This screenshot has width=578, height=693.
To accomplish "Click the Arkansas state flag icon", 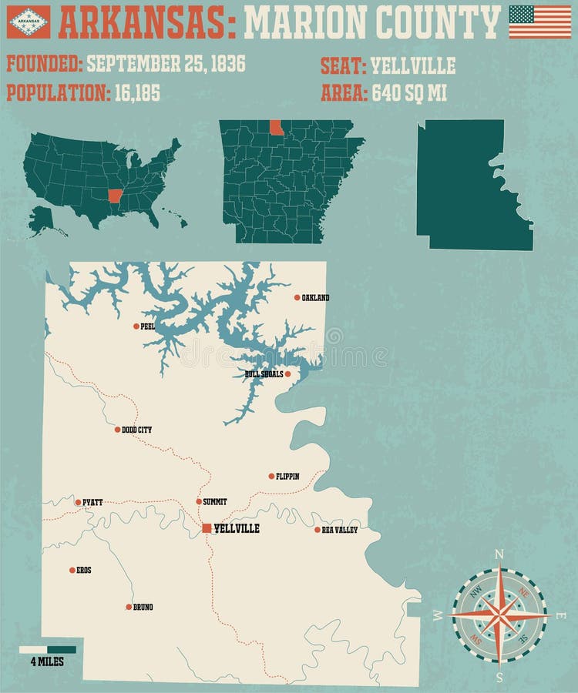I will pyautogui.click(x=28, y=22).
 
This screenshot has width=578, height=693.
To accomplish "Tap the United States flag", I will pyautogui.click(x=540, y=22).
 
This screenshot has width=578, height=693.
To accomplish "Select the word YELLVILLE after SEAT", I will pyautogui.click(x=413, y=65).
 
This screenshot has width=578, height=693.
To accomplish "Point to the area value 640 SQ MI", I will pyautogui.click(x=409, y=93).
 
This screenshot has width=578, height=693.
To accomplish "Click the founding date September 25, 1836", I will pyautogui.click(x=166, y=63).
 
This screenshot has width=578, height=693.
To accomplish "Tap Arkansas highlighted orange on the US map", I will pyautogui.click(x=116, y=196).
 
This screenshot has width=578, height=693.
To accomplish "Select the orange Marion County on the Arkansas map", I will pyautogui.click(x=277, y=127).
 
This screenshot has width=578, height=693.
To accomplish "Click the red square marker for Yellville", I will pyautogui.click(x=206, y=528).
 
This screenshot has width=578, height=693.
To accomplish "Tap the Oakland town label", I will pyautogui.click(x=315, y=297).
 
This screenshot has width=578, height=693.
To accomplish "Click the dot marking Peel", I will pyautogui.click(x=136, y=326).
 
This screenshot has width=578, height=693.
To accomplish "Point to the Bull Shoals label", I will pyautogui.click(x=264, y=374).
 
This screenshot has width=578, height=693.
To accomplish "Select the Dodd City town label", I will pyautogui.click(x=136, y=430).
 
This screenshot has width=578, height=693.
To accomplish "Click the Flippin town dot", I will pyautogui.click(x=271, y=476).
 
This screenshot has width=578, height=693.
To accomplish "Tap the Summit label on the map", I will pyautogui.click(x=215, y=501).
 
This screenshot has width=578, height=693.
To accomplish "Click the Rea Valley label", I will pyautogui.click(x=340, y=530).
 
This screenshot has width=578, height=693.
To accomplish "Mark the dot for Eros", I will pyautogui.click(x=72, y=571).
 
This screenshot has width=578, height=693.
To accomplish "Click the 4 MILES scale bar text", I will pyautogui.click(x=47, y=661).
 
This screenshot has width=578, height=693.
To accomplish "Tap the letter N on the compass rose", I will pyautogui.click(x=499, y=554).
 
